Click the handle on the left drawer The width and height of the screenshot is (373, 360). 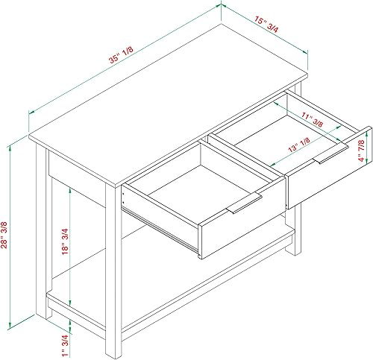click(244, 205)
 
